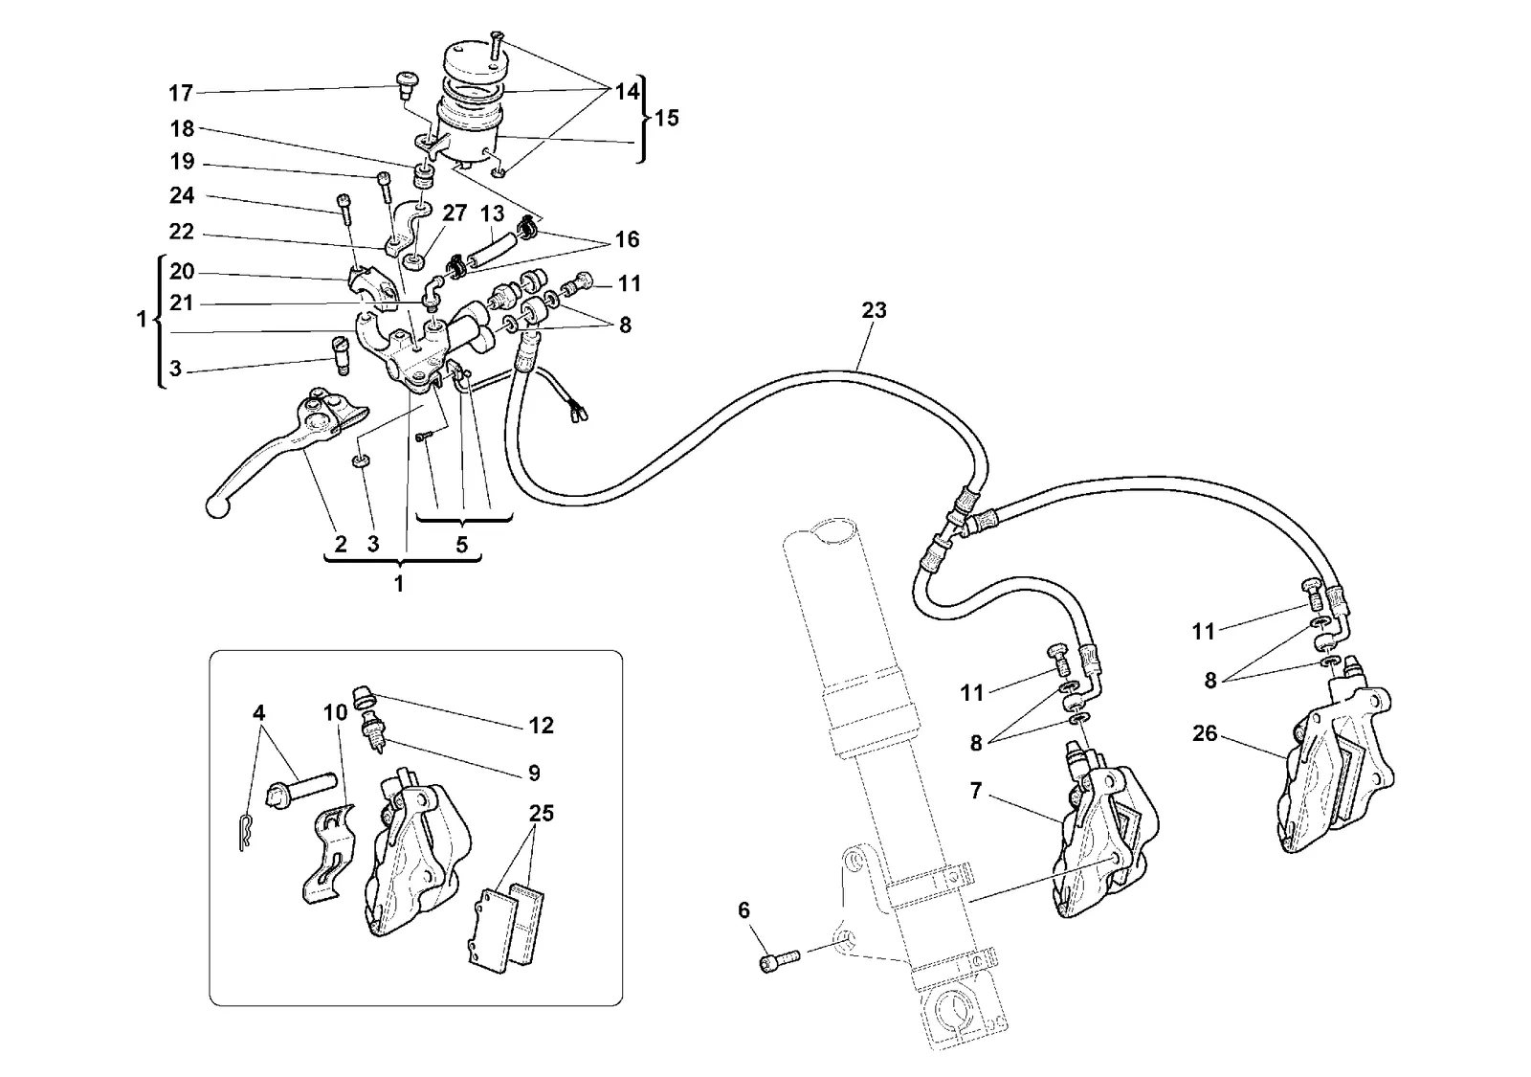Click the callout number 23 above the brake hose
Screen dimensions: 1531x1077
tap(874, 310)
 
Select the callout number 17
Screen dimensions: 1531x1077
tap(181, 93)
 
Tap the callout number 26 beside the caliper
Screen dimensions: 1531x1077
tap(1205, 733)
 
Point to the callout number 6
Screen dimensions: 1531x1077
tap(743, 910)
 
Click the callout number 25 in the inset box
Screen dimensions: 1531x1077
tap(541, 814)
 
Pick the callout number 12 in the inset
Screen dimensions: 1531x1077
tap(541, 726)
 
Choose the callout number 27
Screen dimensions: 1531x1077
tap(454, 213)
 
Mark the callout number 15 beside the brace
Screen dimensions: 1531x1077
tap(666, 119)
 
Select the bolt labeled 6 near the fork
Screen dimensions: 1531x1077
tap(779, 960)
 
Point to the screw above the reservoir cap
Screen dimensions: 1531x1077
tap(496, 44)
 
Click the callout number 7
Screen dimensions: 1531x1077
tap(975, 791)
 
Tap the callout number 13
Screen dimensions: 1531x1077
tap(492, 214)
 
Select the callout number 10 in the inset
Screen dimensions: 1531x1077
tap(336, 713)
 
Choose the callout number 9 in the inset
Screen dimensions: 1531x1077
tap(534, 774)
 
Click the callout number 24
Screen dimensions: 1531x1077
tap(182, 195)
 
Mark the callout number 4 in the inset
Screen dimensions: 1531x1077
tap(258, 713)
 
